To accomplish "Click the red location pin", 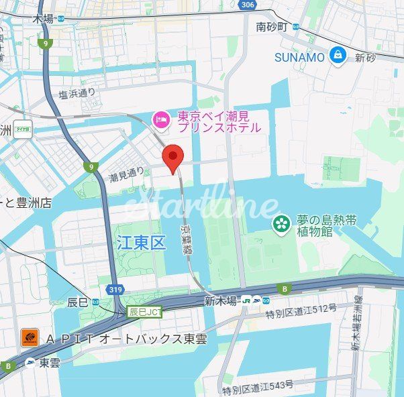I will click(174, 158).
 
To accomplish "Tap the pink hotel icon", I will click(161, 119).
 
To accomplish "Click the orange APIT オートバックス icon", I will click(29, 339).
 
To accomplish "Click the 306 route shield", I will click(248, 5).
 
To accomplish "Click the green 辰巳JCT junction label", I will click(146, 312).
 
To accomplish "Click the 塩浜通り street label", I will click(77, 95).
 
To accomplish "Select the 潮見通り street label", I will click(127, 176).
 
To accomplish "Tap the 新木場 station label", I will click(221, 302).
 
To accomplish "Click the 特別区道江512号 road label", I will click(300, 309).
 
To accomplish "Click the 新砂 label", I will click(366, 58).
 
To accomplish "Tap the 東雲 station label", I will click(49, 363).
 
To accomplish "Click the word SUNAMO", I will click(299, 57).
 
